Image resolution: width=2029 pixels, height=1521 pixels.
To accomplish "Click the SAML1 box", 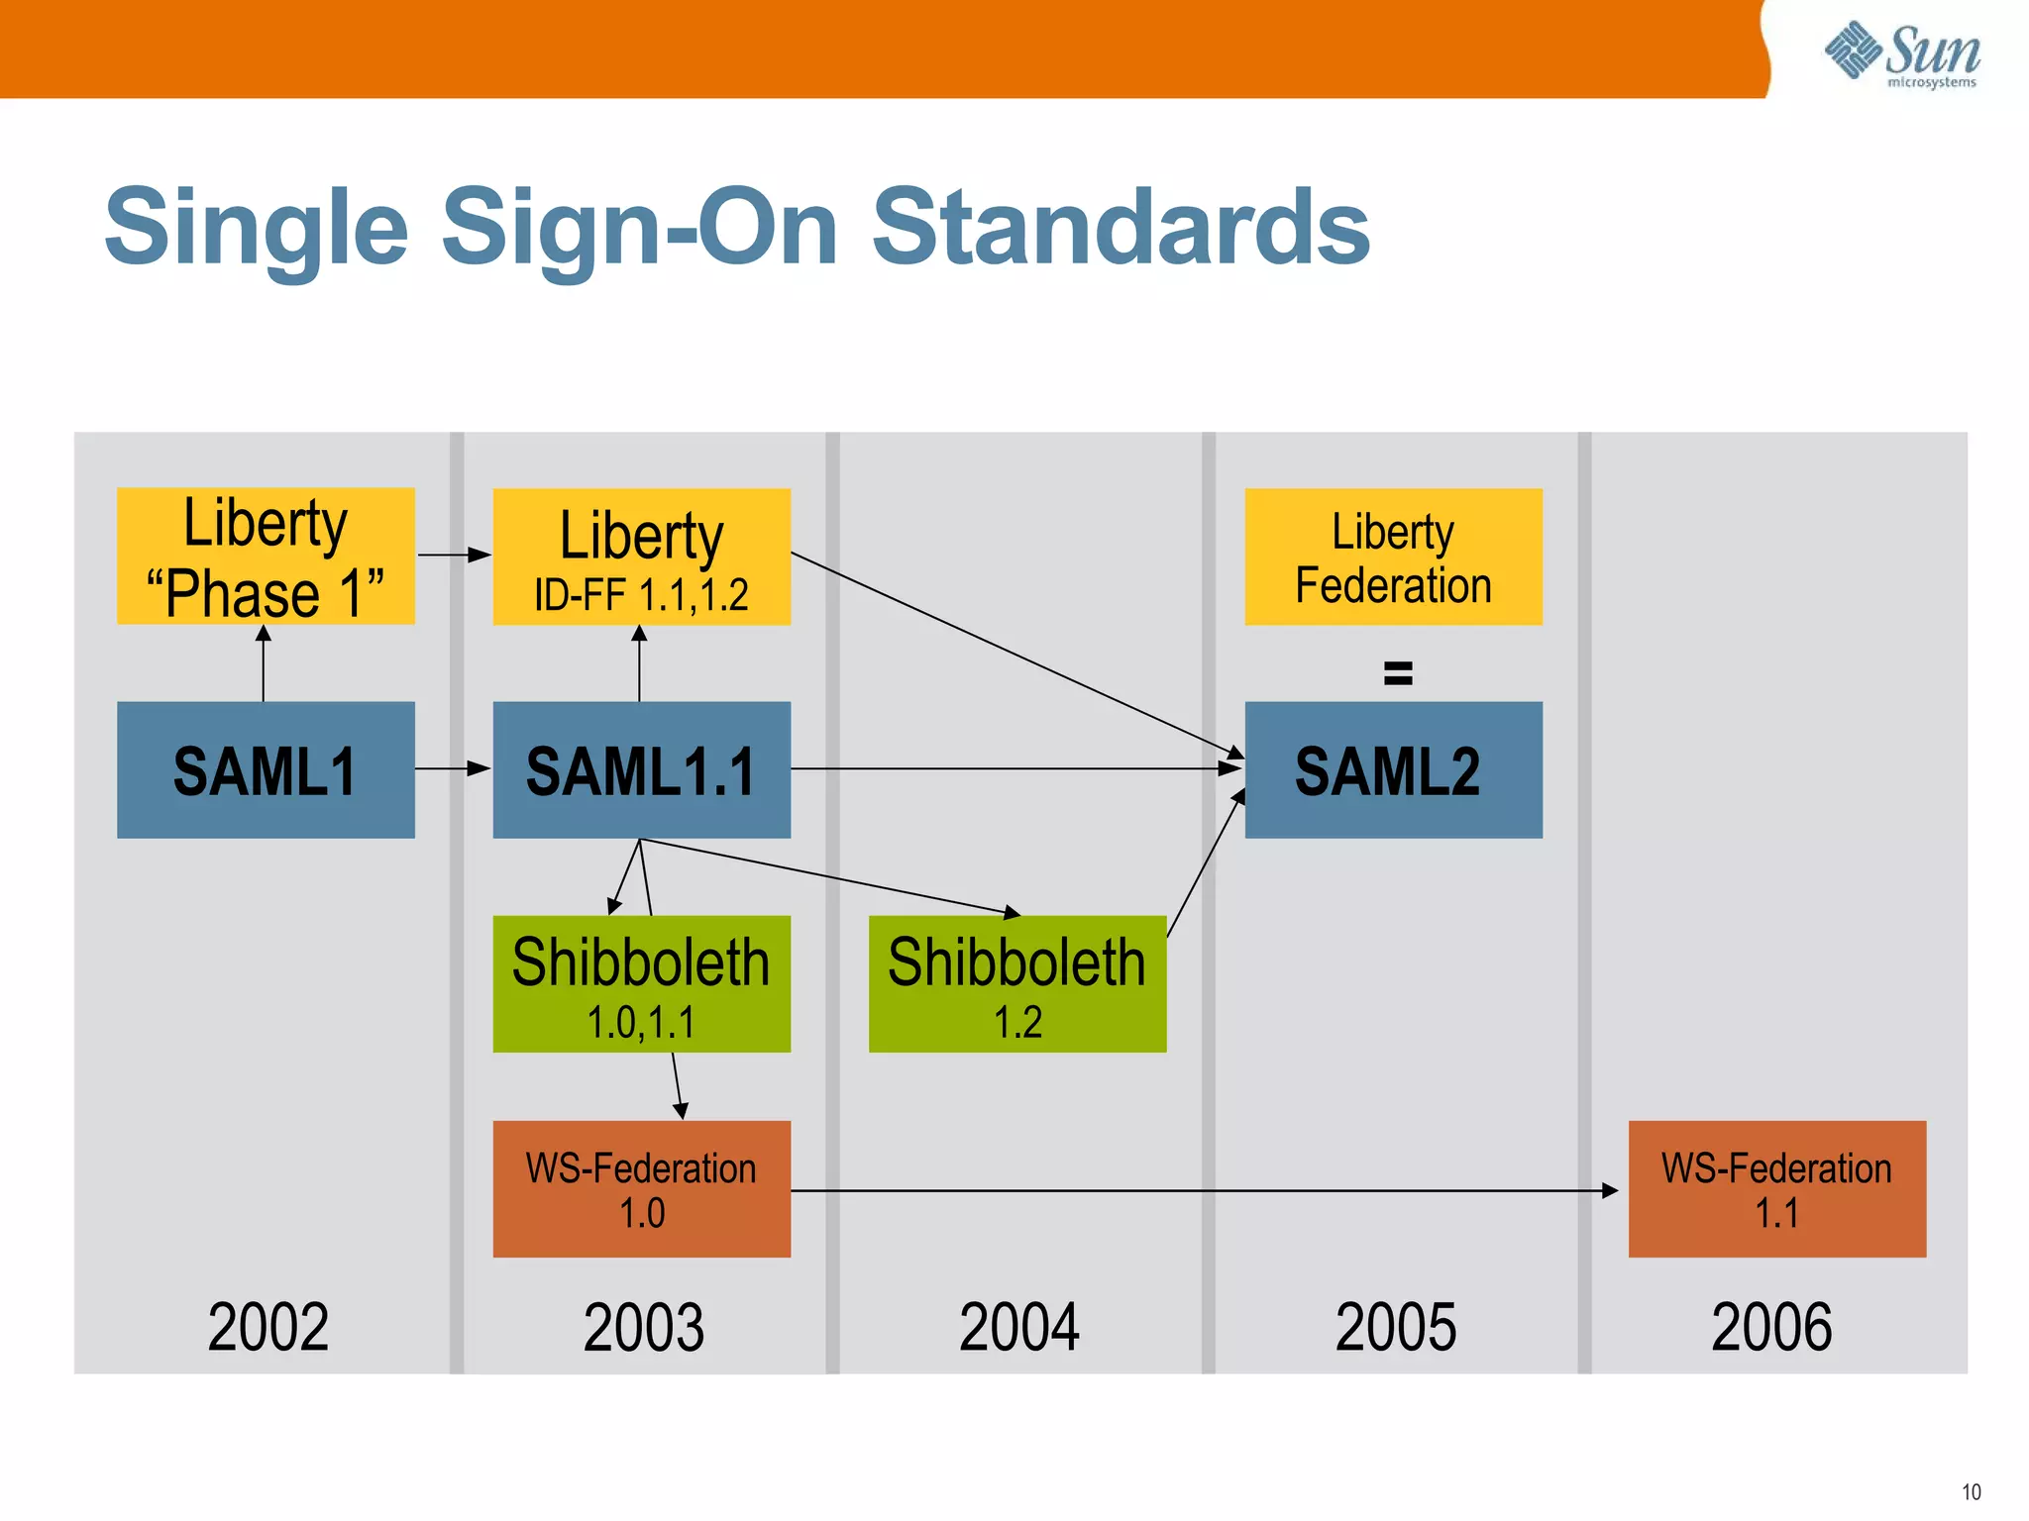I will [266, 769].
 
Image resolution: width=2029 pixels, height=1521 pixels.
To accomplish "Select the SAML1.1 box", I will [641, 769].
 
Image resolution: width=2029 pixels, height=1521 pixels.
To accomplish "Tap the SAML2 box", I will [1393, 769].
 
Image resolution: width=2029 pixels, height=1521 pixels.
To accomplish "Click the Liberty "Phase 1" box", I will [266, 556].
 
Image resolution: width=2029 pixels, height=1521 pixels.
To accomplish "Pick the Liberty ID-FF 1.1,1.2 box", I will [641, 556].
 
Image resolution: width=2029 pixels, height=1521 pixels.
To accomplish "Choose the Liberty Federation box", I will [1393, 556].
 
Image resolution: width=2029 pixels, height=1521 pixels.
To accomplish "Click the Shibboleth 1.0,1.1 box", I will [641, 983].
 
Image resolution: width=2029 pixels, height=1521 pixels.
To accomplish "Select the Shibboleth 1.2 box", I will [1017, 983].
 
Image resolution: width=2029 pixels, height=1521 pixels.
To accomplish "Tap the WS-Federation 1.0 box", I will [641, 1188].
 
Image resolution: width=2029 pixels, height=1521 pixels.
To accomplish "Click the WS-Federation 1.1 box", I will [1776, 1188].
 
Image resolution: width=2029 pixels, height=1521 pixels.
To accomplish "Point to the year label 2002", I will [267, 1327].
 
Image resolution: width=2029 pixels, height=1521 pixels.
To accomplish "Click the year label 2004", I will [1019, 1327].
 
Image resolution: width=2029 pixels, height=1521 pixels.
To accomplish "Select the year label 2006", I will [1771, 1327].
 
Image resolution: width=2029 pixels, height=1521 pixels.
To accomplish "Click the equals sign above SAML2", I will [1398, 673].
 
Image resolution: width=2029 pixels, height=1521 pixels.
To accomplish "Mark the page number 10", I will [1971, 1491].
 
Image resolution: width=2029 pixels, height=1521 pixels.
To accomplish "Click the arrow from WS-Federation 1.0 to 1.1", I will [1204, 1190].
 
